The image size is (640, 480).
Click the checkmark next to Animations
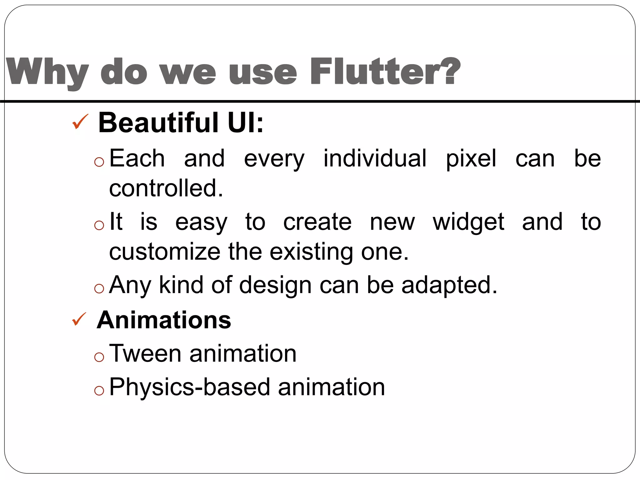pos(79,319)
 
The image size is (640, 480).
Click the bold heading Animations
pos(164,320)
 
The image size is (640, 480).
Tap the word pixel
pos(471,159)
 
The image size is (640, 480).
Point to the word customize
pos(165,252)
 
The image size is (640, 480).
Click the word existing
pos(311,252)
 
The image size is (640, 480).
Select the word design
pos(275,285)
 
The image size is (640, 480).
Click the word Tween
pos(145,353)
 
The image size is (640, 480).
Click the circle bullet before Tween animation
pos(99,357)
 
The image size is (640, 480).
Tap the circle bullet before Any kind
pos(99,288)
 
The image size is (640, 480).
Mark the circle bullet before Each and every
pos(99,162)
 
